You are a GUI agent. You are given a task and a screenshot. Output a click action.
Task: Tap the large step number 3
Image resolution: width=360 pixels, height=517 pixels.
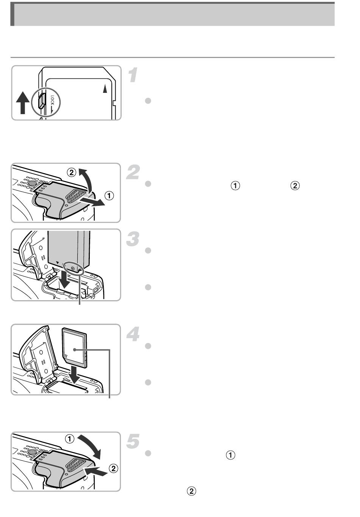tap(133, 239)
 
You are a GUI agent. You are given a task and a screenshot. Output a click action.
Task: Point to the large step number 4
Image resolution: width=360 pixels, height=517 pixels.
tap(133, 334)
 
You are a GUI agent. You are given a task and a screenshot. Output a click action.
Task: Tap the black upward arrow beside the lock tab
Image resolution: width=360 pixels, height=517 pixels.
tap(23, 102)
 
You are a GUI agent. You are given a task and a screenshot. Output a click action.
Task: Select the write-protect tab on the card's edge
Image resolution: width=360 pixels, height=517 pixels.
tap(42, 100)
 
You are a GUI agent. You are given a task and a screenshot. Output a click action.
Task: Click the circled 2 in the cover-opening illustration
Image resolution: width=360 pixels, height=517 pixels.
tap(71, 172)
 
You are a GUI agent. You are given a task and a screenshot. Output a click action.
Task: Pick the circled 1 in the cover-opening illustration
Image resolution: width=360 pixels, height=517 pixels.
tap(109, 196)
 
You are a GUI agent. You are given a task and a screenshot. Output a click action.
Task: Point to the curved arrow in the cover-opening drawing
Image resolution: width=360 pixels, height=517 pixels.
tap(88, 180)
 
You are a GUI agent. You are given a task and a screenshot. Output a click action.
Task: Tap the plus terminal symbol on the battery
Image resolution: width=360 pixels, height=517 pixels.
tap(73, 268)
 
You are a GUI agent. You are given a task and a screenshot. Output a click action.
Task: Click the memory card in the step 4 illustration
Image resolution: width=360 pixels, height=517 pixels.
tap(75, 347)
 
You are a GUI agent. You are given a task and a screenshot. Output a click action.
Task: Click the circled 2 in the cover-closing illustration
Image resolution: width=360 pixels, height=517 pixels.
tap(113, 468)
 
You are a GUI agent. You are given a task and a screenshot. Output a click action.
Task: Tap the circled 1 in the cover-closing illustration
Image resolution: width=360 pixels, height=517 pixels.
tap(69, 439)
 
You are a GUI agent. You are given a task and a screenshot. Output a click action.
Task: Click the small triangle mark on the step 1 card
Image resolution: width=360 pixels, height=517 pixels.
tap(105, 89)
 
